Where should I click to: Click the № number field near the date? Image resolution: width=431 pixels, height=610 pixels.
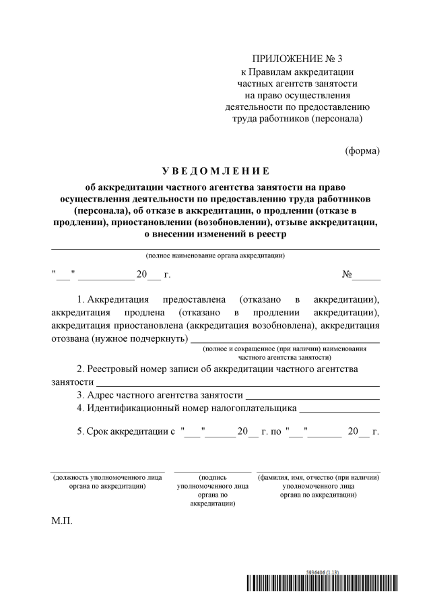[366, 275]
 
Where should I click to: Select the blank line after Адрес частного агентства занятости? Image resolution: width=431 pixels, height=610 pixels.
[312, 395]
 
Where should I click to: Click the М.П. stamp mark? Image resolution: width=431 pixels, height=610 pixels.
[61, 521]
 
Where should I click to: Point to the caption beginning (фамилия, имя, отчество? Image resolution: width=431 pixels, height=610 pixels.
[319, 485]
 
